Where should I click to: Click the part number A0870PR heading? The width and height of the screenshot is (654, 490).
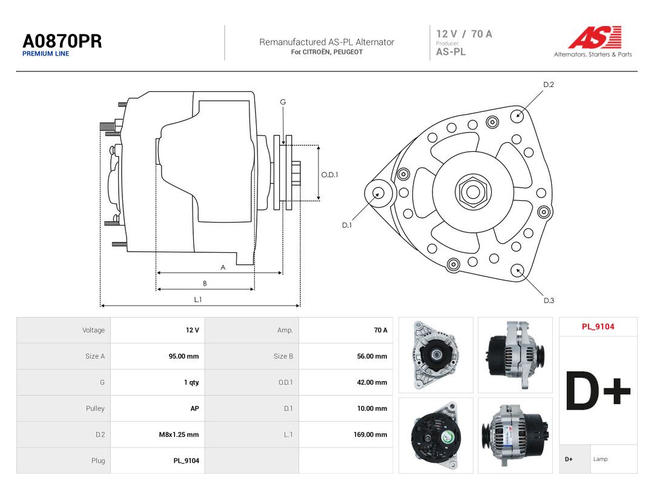click(x=62, y=41)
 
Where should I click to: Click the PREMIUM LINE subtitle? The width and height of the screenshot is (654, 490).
click(x=46, y=54)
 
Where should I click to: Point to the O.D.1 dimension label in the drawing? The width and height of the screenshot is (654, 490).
click(x=329, y=175)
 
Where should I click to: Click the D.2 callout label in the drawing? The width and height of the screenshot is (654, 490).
click(x=549, y=85)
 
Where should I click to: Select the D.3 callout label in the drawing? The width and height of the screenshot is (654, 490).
click(x=549, y=301)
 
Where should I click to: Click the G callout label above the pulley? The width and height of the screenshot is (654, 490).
click(x=283, y=102)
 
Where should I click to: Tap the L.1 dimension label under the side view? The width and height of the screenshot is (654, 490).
click(x=197, y=299)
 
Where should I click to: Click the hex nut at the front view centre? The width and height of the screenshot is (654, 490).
click(x=473, y=192)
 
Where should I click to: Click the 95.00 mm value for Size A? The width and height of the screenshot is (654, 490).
click(x=183, y=356)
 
